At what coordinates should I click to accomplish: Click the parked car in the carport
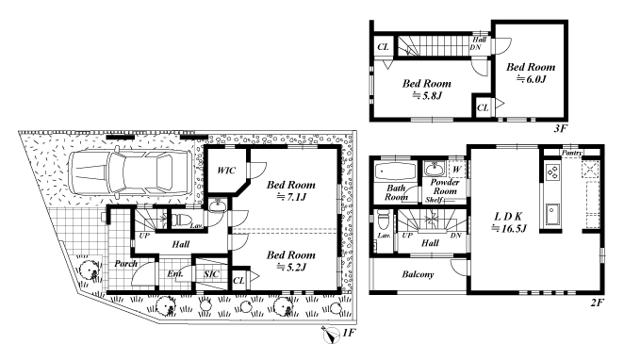[129, 172]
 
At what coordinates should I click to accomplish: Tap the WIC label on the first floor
[226, 171]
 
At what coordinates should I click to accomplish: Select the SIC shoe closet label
[211, 274]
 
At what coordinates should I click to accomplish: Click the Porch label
[125, 263]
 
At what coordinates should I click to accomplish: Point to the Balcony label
[418, 274]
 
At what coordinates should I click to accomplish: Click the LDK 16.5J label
[508, 222]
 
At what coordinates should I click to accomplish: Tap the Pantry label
[572, 153]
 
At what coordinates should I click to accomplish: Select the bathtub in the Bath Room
[395, 172]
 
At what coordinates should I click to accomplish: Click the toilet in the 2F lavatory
[382, 220]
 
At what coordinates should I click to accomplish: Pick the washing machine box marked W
[457, 169]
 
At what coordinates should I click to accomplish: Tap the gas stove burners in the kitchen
[552, 172]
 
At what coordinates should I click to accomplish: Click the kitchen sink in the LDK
[552, 215]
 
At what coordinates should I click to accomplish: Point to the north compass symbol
[330, 335]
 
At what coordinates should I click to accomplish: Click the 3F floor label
[560, 128]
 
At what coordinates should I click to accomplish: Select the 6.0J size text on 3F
[532, 79]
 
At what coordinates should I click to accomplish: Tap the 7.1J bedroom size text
[291, 197]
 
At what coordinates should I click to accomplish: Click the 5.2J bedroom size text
[291, 267]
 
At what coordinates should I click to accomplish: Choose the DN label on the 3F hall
[475, 47]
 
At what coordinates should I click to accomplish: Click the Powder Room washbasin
[435, 169]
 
